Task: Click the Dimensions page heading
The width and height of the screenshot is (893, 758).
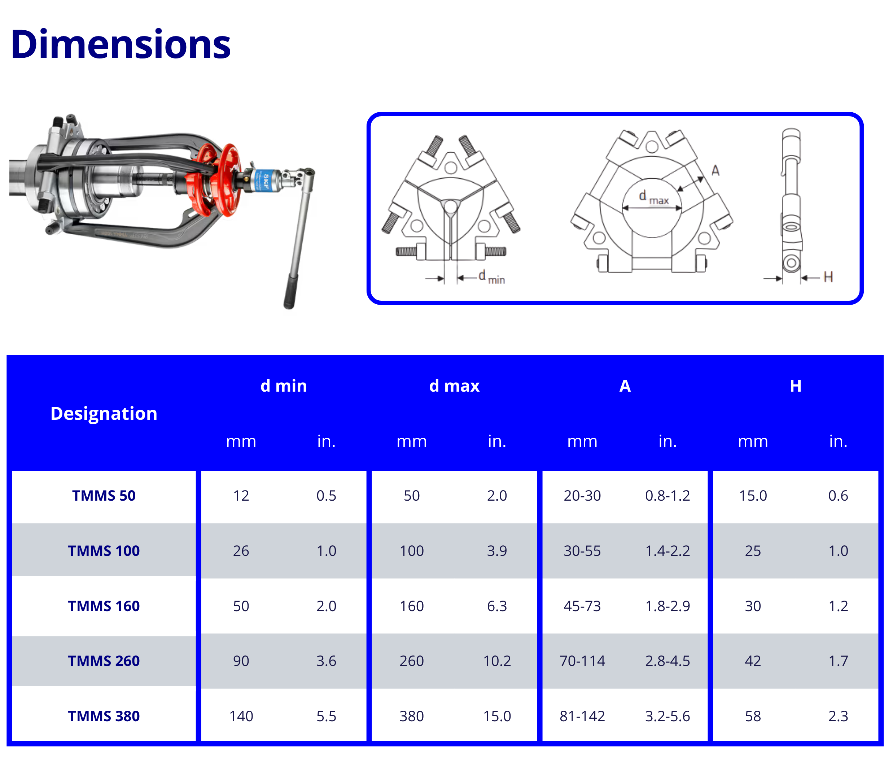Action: [121, 44]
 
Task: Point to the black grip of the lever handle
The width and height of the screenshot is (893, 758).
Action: [291, 291]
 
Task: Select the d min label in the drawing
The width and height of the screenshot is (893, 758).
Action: [492, 277]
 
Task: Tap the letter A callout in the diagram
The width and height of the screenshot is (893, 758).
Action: [715, 171]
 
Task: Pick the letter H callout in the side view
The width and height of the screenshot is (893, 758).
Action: [828, 277]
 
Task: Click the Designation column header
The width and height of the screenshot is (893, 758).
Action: [104, 413]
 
